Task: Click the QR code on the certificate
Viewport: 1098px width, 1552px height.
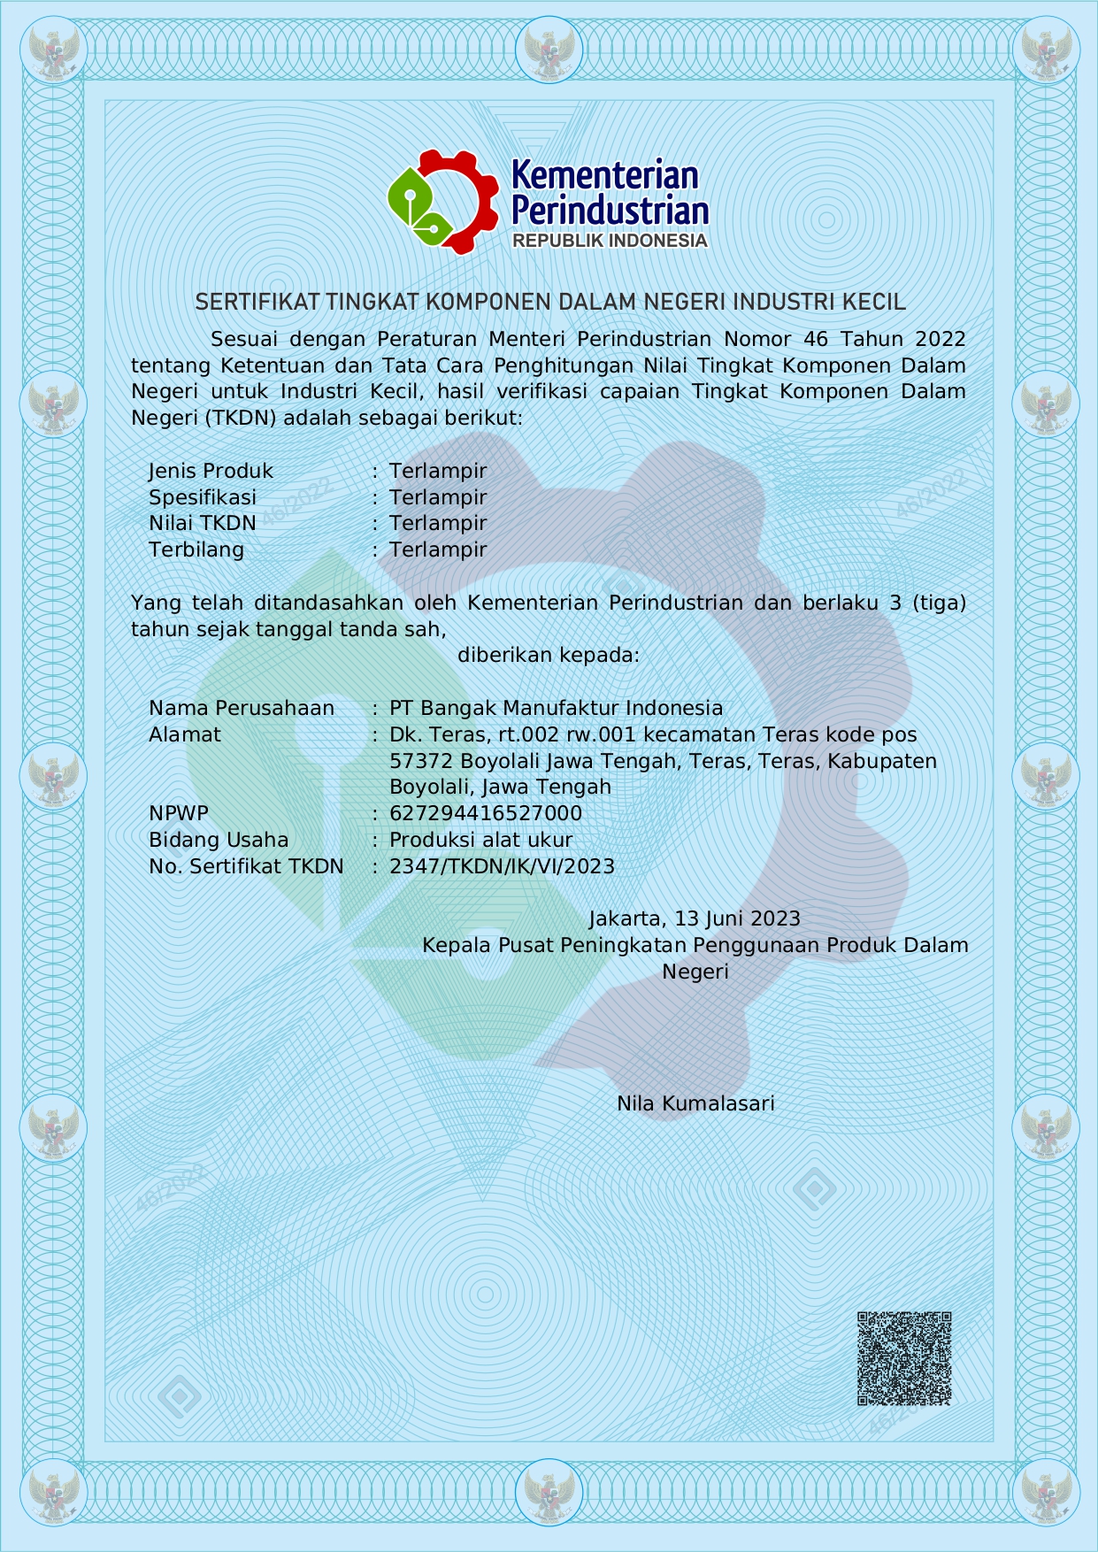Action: click(903, 1358)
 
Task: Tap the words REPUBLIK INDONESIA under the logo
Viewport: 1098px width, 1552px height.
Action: click(610, 241)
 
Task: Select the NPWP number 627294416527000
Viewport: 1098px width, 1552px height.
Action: click(486, 813)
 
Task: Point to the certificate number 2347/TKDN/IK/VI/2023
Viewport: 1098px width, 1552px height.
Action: click(502, 866)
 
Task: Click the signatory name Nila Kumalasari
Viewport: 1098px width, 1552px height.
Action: click(695, 1103)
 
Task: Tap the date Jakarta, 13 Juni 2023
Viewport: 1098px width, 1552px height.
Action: click(695, 918)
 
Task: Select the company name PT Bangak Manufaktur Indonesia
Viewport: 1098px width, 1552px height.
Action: click(556, 708)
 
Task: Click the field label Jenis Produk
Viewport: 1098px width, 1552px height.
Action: click(211, 471)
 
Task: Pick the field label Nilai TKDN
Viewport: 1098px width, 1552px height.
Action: click(202, 523)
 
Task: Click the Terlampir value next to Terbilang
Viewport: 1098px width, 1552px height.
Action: click(438, 549)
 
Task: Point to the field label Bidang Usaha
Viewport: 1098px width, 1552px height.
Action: click(219, 840)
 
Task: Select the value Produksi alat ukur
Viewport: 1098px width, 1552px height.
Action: click(480, 840)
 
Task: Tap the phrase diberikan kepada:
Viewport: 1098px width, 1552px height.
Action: click(549, 655)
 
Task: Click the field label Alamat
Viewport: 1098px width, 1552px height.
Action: click(184, 734)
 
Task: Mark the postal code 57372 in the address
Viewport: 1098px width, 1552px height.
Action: click(421, 761)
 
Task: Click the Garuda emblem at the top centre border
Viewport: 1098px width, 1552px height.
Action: click(549, 50)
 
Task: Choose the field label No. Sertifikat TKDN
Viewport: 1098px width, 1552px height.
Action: click(246, 866)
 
